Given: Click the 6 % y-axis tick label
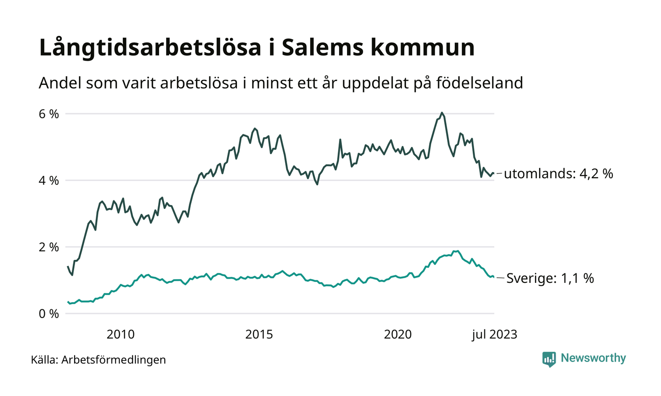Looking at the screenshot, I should tap(49, 114).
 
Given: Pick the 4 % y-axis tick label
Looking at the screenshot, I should tap(49, 181).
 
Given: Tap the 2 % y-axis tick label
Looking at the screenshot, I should tap(49, 247).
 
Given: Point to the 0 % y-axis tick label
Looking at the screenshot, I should tap(49, 313).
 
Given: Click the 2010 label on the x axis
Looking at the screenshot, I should tap(120, 335).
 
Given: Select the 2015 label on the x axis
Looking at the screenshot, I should tap(259, 335).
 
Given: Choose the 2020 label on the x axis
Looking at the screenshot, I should tap(398, 335).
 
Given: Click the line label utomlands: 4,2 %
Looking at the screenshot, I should tap(559, 174).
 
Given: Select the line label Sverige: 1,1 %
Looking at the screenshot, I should tap(550, 279).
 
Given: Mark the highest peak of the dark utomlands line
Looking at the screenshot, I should tap(441, 113).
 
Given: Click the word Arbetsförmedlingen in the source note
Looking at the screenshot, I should tap(113, 360).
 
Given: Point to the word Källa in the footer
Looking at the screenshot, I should tap(44, 360).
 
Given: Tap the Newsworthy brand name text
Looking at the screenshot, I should tap(593, 358).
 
